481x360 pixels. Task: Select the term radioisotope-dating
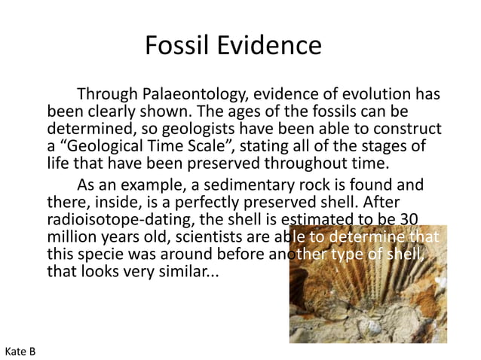point(117,218)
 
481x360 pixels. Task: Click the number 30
point(408,218)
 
